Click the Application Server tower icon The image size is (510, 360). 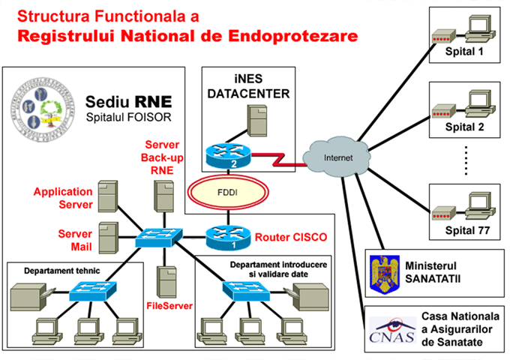pos(109,194)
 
